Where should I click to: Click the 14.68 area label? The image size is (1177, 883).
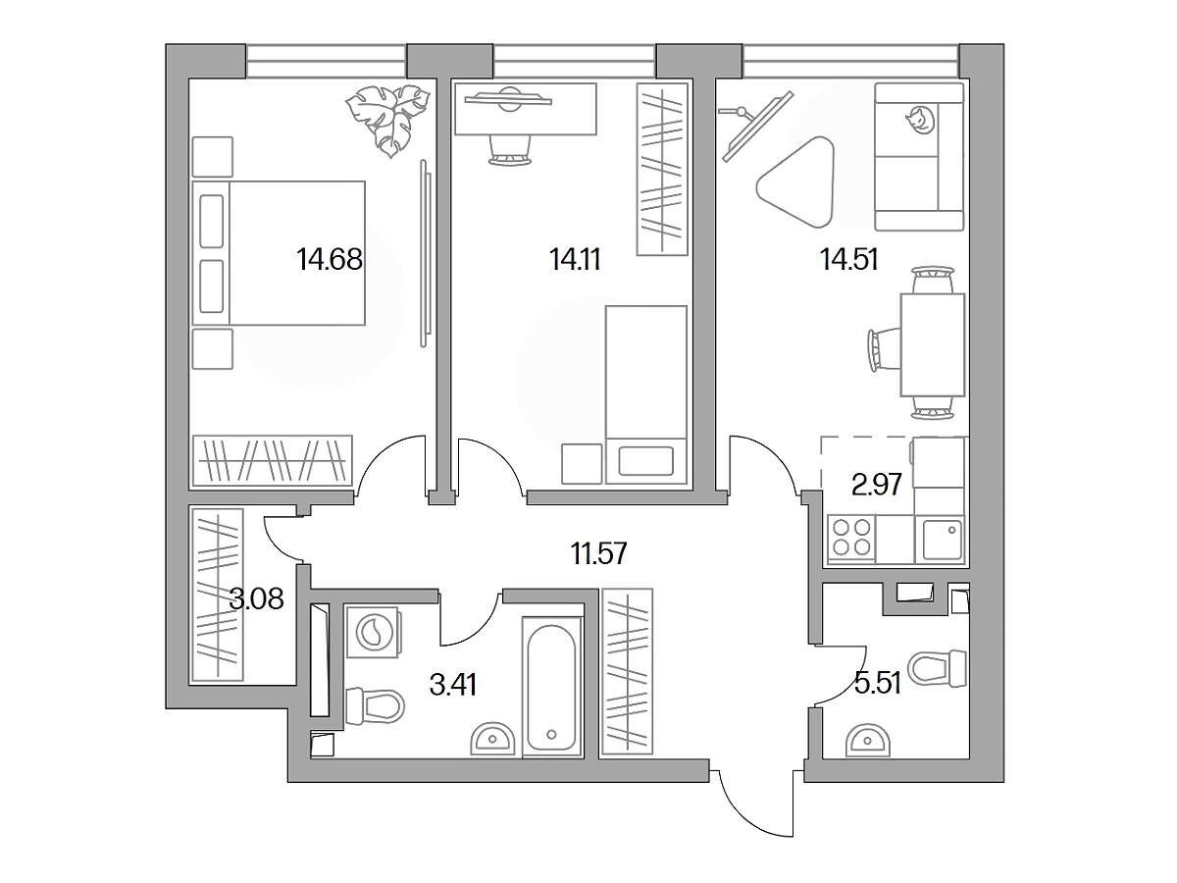click(x=330, y=259)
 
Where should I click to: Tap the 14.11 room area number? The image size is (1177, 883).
click(x=575, y=260)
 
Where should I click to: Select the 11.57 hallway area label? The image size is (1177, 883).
click(x=599, y=552)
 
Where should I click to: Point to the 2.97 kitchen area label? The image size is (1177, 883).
click(x=877, y=485)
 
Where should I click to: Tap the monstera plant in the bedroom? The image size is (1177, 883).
click(x=387, y=120)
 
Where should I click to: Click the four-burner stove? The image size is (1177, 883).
click(x=851, y=539)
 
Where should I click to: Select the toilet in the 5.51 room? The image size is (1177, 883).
click(x=938, y=668)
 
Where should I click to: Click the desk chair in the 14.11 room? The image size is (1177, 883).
click(x=509, y=149)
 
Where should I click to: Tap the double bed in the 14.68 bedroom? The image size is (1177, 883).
click(x=279, y=252)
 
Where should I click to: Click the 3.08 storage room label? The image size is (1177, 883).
click(x=256, y=598)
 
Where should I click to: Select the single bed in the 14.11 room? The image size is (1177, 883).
click(x=646, y=395)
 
